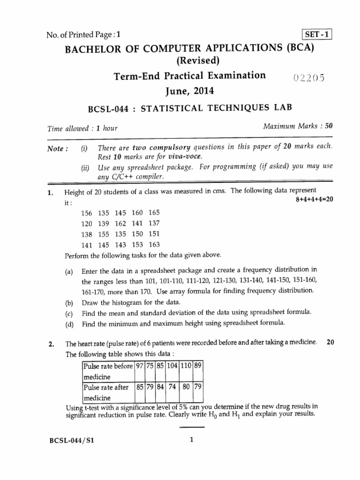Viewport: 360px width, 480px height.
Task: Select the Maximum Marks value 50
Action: [329, 127]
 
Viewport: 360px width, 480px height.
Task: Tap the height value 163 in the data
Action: [154, 244]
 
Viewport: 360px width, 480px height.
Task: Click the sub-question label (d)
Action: [69, 323]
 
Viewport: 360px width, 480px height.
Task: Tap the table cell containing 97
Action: [139, 366]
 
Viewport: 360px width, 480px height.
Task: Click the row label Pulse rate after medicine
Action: [101, 392]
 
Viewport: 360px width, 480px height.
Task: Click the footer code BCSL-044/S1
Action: [73, 440]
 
